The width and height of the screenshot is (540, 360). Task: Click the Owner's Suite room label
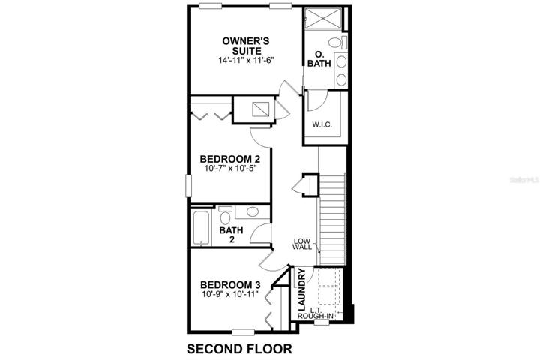[x=245, y=46]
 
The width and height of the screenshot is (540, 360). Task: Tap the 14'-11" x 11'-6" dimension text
[x=246, y=60]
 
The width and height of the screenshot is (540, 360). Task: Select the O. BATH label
[x=319, y=59]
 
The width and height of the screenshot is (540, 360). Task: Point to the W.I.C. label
[x=322, y=124]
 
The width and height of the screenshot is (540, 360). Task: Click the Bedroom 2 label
[x=230, y=159]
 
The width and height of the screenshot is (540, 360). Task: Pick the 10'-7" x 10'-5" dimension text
[x=230, y=169]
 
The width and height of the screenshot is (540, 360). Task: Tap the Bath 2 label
[x=232, y=234]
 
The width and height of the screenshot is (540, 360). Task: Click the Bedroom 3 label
[x=230, y=285]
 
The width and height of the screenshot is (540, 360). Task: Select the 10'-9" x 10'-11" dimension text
[x=230, y=294]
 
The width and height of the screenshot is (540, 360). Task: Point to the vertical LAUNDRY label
[x=301, y=289]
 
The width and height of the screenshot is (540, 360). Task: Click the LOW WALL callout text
[x=302, y=244]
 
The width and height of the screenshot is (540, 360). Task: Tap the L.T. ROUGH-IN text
[x=316, y=313]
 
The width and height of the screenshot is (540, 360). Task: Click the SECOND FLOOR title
[x=240, y=349]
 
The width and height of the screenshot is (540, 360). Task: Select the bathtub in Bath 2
[x=201, y=228]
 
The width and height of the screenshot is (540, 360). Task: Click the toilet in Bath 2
[x=226, y=215]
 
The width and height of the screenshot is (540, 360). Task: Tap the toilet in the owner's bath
[x=337, y=42]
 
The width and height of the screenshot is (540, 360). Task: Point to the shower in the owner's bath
[x=324, y=19]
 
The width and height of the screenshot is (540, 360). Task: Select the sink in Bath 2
[x=253, y=211]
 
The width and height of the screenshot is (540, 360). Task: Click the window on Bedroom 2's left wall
[x=188, y=186]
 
